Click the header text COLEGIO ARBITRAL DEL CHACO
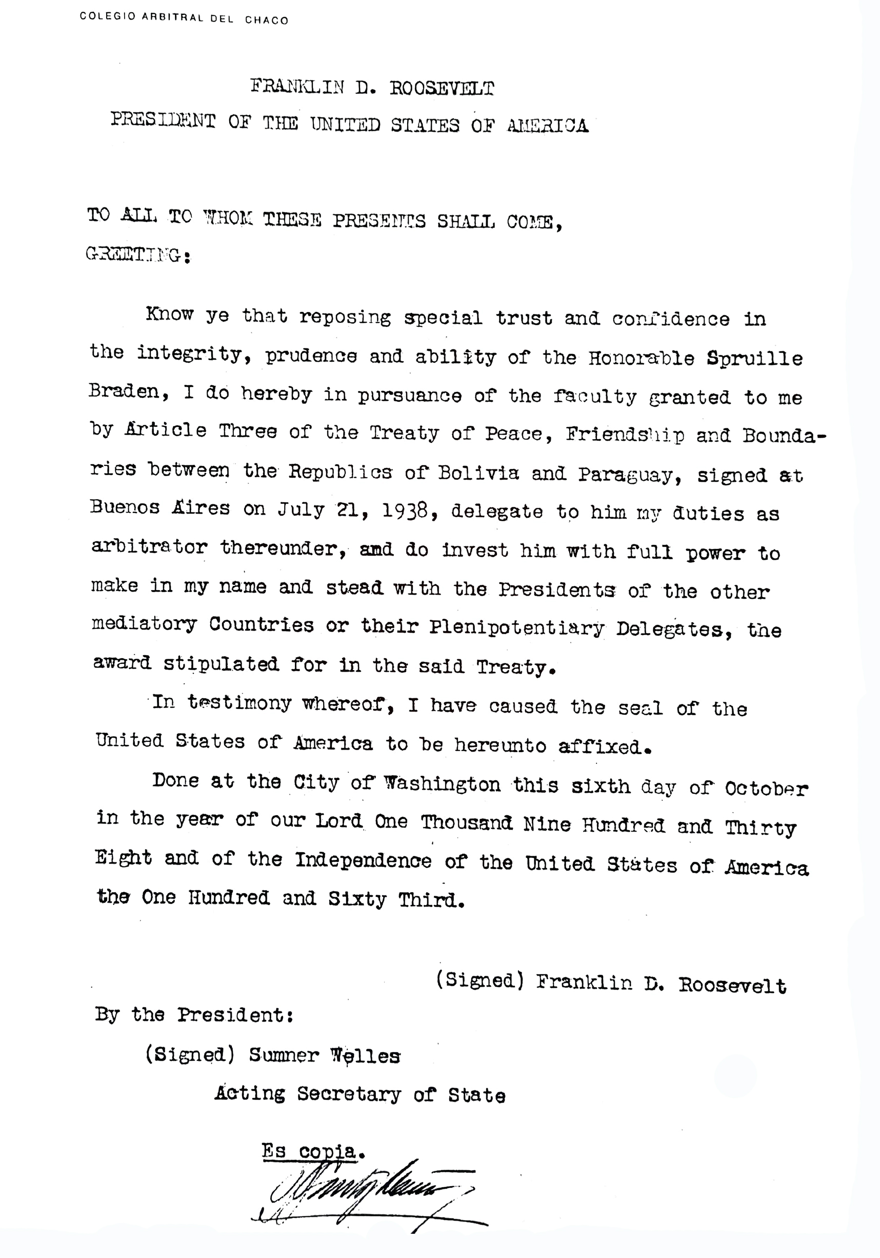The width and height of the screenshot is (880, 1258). [184, 18]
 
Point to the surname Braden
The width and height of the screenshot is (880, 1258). [123, 392]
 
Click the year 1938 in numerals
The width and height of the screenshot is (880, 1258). [405, 510]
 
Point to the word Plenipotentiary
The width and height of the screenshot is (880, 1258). [516, 627]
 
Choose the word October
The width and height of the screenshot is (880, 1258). [766, 789]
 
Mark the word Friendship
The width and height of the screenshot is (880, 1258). [625, 435]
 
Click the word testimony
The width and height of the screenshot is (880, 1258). [239, 703]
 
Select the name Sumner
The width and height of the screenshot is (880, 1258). [284, 1055]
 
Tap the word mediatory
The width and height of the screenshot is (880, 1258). [144, 624]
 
